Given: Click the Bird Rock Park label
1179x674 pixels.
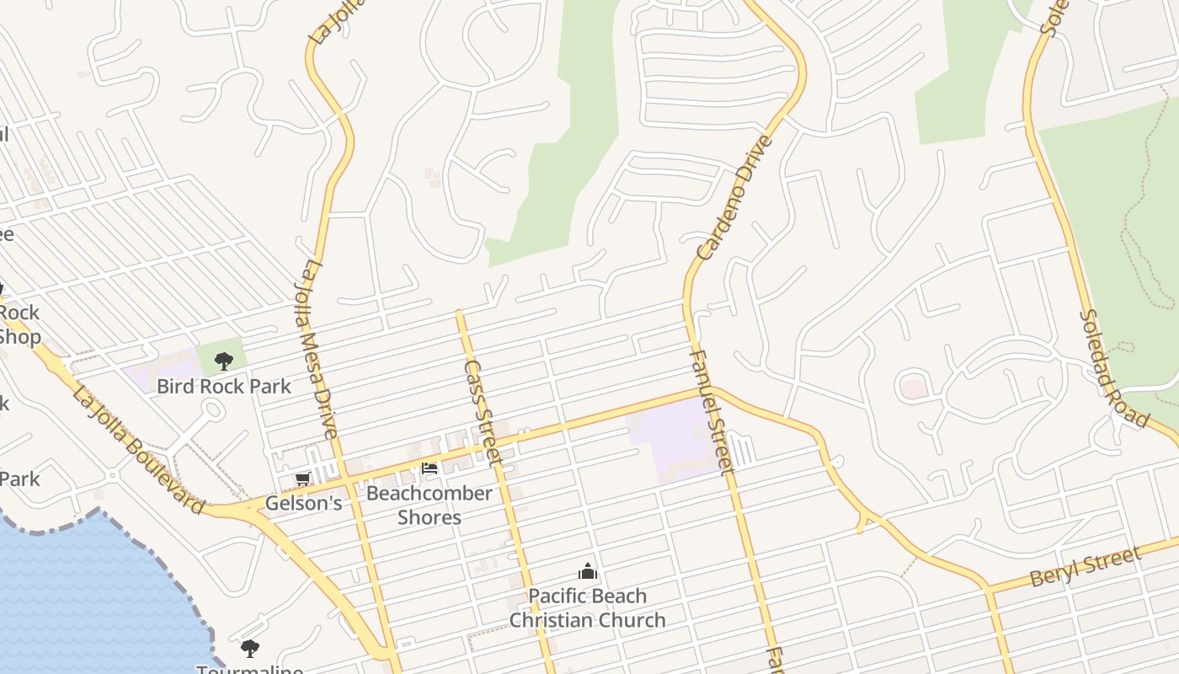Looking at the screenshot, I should (x=224, y=387).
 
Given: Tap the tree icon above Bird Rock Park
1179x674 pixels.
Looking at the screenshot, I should (x=223, y=361).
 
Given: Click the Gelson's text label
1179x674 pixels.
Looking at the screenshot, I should (x=303, y=503).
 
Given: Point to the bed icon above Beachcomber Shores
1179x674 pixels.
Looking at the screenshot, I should (x=429, y=468).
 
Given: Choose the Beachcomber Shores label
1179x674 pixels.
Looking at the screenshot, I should (x=429, y=505).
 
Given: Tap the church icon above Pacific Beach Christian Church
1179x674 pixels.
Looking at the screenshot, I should (x=588, y=572).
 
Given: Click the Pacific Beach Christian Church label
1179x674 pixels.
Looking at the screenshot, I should (x=588, y=608).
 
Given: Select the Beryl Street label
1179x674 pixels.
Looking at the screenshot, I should (x=1086, y=567).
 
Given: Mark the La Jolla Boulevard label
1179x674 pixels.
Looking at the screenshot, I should (x=139, y=450).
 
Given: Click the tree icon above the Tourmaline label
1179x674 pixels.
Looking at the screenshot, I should (x=249, y=648).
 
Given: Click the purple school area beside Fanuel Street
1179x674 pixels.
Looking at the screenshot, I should (x=674, y=438).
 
